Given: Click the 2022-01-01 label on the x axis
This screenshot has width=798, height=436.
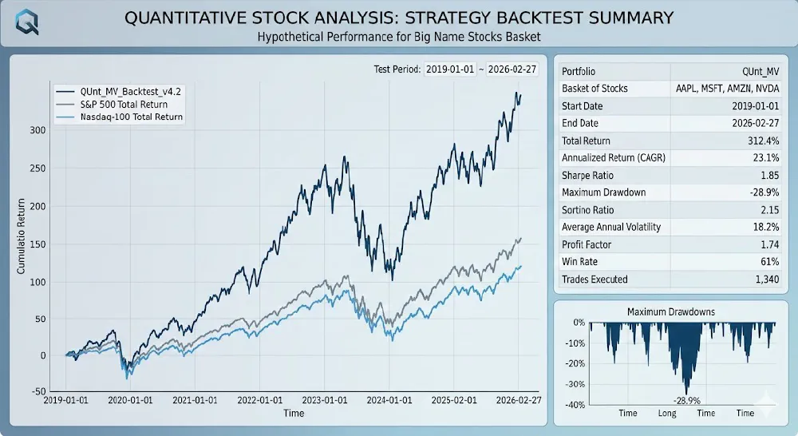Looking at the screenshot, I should (260, 400).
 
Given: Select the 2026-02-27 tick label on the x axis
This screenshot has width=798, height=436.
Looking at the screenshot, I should (519, 400).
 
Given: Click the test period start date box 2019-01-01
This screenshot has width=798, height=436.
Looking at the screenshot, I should (449, 69).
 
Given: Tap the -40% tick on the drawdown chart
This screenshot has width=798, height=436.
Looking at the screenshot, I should (575, 405).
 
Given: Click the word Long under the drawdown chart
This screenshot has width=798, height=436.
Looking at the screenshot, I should (667, 414).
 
